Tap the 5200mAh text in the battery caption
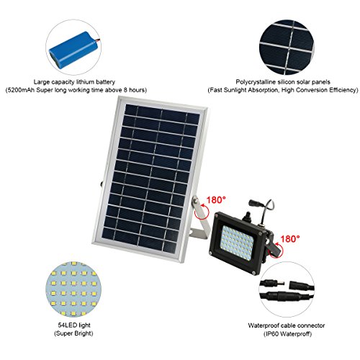[21, 90]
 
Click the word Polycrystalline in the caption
[256, 82]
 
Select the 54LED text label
[67, 325]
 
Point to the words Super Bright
[73, 333]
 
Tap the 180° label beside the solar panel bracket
[216, 199]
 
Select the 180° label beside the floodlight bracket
[290, 239]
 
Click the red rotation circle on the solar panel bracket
[202, 212]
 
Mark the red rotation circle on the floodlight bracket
[276, 251]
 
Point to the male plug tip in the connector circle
[282, 283]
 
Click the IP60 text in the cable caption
[271, 334]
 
